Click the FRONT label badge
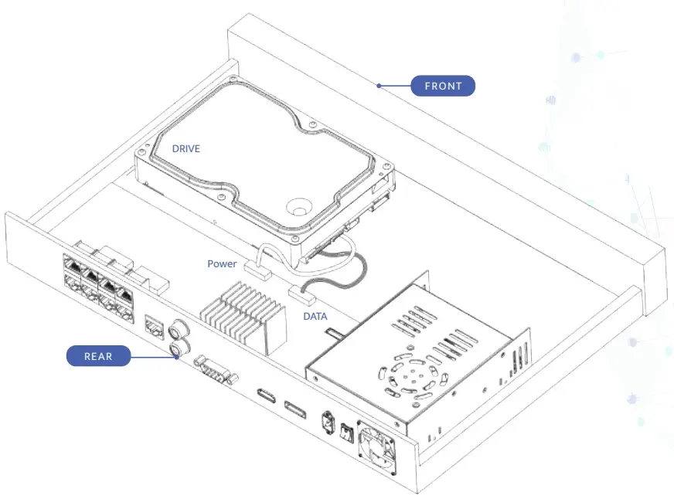(443, 86)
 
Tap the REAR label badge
(98, 356)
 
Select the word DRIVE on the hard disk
(186, 148)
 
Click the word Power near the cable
(222, 263)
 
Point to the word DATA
(315, 316)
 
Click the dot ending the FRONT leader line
(379, 86)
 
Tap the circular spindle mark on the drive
(298, 208)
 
